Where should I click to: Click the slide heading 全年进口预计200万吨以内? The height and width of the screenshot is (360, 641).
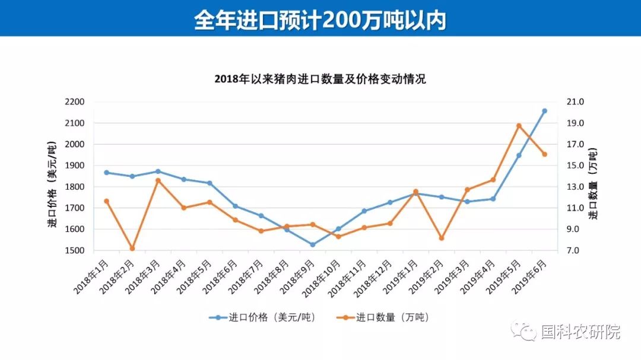[320, 20]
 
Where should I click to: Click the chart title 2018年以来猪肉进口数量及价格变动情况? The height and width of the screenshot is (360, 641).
[320, 79]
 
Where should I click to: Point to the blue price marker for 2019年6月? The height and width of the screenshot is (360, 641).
[544, 111]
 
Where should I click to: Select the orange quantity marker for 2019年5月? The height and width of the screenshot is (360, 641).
[519, 126]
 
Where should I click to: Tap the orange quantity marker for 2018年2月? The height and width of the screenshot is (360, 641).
[132, 249]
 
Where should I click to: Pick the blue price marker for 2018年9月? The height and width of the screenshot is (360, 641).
[313, 244]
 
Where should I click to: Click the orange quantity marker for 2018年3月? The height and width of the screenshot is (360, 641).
[158, 180]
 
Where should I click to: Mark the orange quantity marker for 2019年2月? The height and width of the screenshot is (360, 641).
[442, 238]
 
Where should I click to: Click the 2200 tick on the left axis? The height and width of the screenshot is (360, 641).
[75, 102]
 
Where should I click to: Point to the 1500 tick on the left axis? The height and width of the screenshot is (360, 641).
[75, 251]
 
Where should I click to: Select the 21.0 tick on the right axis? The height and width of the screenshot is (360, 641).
[576, 102]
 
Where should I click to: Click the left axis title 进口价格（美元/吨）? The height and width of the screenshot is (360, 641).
[52, 186]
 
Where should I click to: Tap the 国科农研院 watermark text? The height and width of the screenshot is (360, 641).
[580, 332]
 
